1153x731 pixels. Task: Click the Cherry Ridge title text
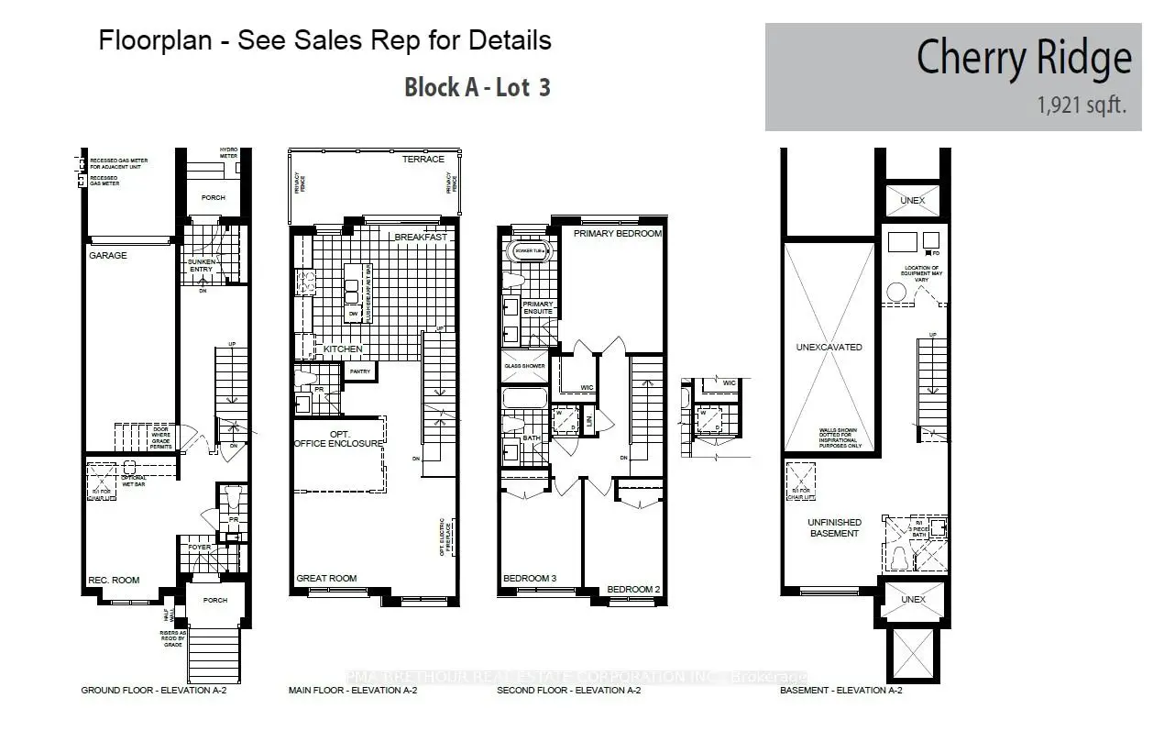[1023, 59]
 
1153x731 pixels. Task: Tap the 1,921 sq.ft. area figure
[1082, 107]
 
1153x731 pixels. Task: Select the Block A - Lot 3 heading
[477, 87]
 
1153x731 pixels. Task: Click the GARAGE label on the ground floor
[107, 256]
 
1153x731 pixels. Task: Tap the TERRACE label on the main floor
[423, 160]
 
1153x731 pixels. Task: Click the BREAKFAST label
[421, 238]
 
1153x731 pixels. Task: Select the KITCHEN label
[343, 349]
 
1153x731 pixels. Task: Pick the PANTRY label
[358, 371]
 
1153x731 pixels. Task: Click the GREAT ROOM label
[326, 579]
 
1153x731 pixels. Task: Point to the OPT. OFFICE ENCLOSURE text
[337, 437]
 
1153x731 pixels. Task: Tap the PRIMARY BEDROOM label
[617, 234]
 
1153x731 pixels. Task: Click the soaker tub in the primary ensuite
[528, 250]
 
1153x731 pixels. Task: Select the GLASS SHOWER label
[524, 366]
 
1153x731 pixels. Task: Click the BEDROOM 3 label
[531, 579]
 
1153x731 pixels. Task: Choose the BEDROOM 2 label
[633, 589]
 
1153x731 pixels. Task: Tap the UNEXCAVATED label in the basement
[829, 348]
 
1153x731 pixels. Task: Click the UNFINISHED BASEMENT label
[833, 527]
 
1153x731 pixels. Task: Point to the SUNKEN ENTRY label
[201, 265]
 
